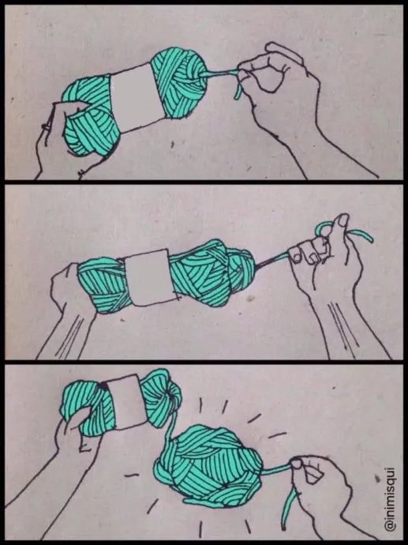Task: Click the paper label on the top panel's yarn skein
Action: tap(137, 97)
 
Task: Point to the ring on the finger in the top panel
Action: tap(47, 127)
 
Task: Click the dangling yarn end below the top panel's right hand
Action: tap(238, 89)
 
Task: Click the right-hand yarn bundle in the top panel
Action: tap(179, 82)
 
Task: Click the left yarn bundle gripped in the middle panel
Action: tap(103, 285)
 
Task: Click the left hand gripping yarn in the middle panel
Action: tap(66, 306)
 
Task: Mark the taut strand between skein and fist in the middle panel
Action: tap(272, 261)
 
